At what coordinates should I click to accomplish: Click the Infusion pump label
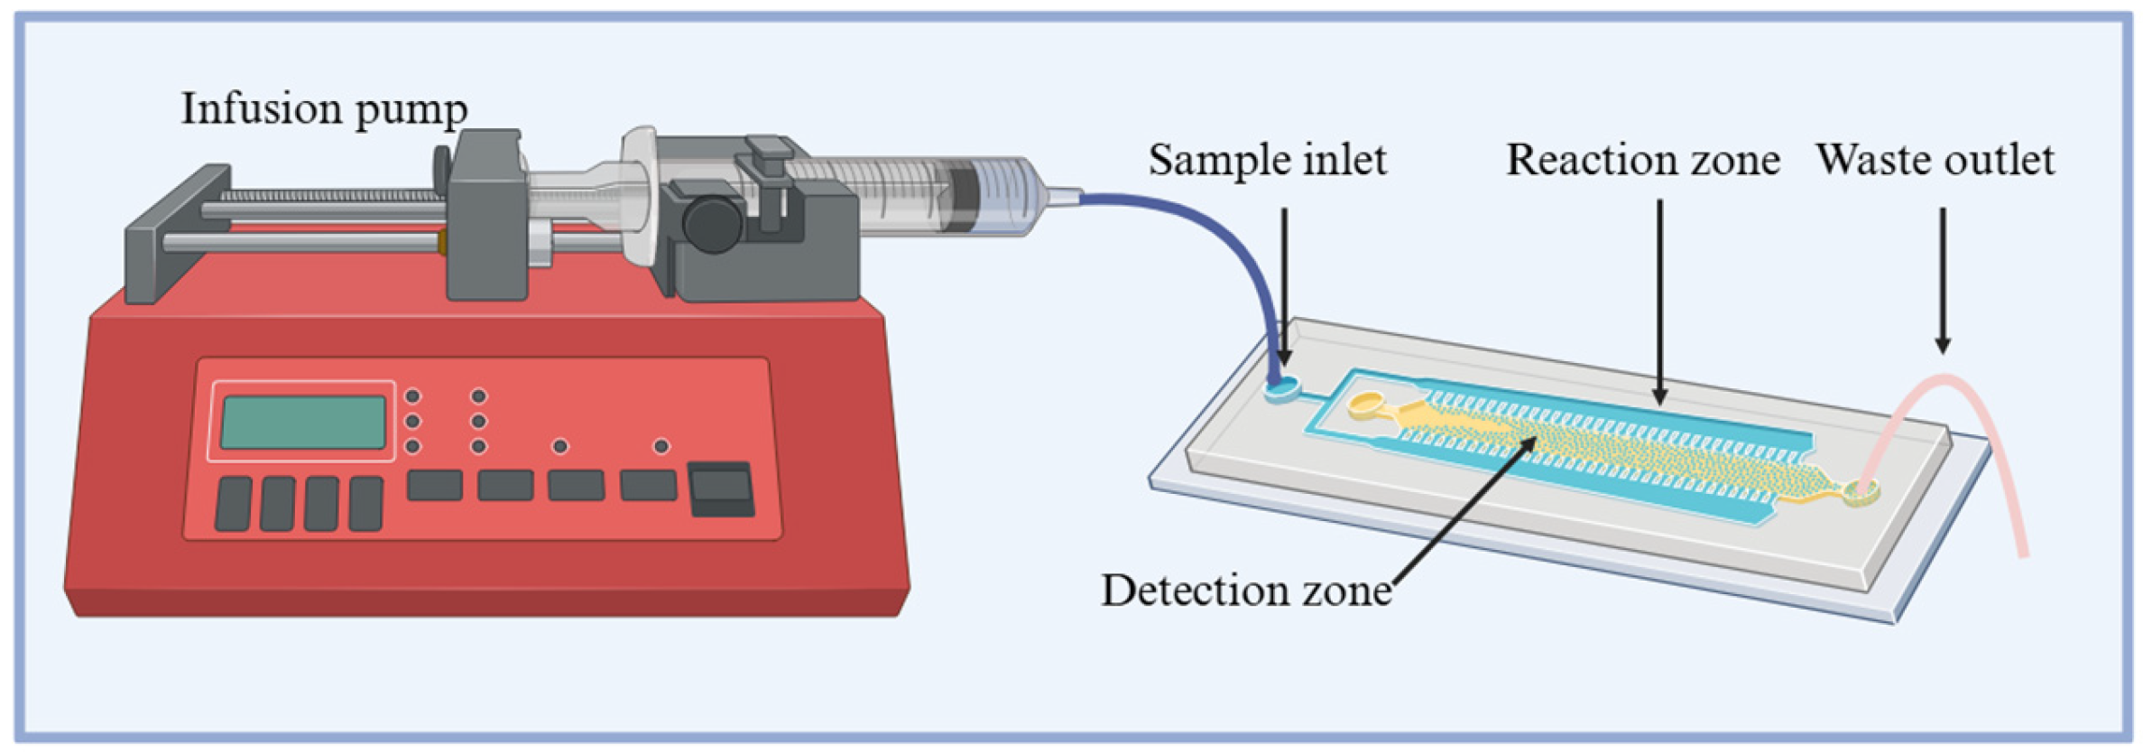[324, 109]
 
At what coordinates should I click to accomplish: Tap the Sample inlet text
[1267, 160]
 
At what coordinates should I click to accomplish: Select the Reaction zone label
[1642, 160]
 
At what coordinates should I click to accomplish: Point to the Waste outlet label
[1935, 160]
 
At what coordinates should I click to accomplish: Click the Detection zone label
[1245, 591]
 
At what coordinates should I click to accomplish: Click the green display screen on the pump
[303, 422]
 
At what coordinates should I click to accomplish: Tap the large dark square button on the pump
[721, 489]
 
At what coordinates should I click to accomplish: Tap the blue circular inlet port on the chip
[1284, 390]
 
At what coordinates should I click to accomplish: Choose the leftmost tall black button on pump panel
[234, 503]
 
